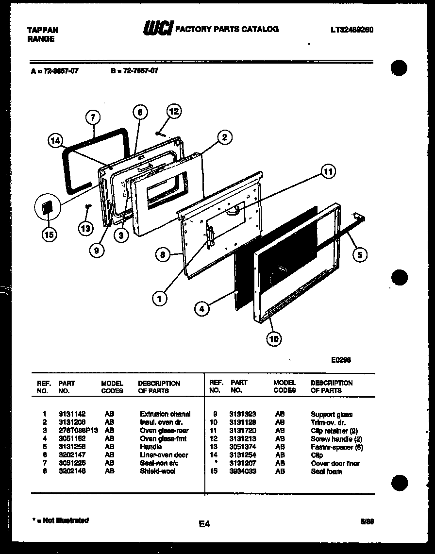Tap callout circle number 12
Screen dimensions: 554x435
(174, 111)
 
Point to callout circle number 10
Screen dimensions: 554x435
(274, 339)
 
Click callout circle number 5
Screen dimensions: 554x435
(360, 254)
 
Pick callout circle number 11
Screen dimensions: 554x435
(329, 171)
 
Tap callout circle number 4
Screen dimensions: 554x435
(202, 308)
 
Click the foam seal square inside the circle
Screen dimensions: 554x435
(48, 208)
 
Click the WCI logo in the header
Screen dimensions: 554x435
(157, 30)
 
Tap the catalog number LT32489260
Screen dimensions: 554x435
(352, 30)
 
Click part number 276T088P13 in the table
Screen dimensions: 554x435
(78, 431)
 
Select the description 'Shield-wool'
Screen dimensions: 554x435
(157, 471)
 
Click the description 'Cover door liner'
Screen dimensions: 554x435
(335, 463)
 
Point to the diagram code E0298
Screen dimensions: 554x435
(341, 360)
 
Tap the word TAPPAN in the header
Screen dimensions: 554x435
(42, 30)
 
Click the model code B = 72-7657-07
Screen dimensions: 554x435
(134, 70)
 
